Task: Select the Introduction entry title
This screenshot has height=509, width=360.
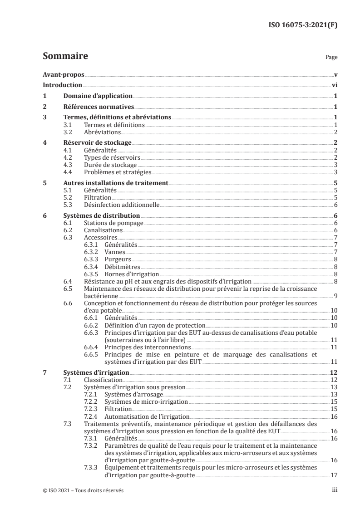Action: pyautogui.click(x=62, y=85)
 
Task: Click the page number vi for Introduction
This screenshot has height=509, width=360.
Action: pyautogui.click(x=334, y=85)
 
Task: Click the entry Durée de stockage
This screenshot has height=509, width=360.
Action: pyautogui.click(x=107, y=165)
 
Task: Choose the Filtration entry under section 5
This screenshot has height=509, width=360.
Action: pyautogui.click(x=98, y=197)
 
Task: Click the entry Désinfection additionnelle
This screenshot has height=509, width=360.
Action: pyautogui.click(x=122, y=205)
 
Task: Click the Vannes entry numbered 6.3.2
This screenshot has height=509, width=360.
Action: pyautogui.click(x=115, y=252)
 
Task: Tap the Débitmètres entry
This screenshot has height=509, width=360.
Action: pyautogui.click(x=122, y=266)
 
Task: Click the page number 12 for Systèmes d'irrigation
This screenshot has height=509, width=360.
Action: pyautogui.click(x=333, y=372)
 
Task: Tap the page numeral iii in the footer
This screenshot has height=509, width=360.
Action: pyautogui.click(x=335, y=490)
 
